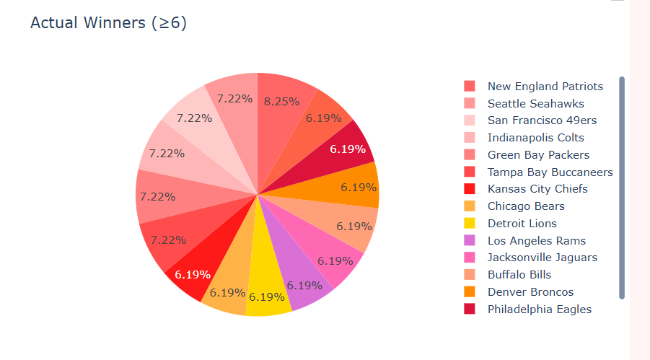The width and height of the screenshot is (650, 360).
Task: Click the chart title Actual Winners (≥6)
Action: [x=108, y=23]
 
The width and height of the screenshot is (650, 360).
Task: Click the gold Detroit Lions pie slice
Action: [x=268, y=289]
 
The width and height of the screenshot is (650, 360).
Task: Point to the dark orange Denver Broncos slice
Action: [x=353, y=186]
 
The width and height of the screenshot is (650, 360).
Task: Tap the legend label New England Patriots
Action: [x=545, y=87]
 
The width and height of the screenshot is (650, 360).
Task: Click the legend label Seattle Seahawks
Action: [x=535, y=104]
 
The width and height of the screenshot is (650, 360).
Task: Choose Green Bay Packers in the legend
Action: [x=538, y=155]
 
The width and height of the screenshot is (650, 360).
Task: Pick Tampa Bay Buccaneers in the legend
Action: [x=550, y=172]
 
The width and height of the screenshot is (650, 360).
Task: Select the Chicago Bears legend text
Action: [x=527, y=206]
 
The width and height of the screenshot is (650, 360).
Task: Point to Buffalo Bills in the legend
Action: [x=519, y=275]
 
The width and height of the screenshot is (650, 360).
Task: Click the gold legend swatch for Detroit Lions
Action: [x=470, y=224]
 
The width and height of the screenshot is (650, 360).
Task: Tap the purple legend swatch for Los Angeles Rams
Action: [x=470, y=241]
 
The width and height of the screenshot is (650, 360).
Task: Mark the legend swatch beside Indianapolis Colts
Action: [x=470, y=138]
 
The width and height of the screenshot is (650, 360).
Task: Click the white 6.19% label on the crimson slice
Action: [x=348, y=149]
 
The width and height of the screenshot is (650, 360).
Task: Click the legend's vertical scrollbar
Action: [x=622, y=188]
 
